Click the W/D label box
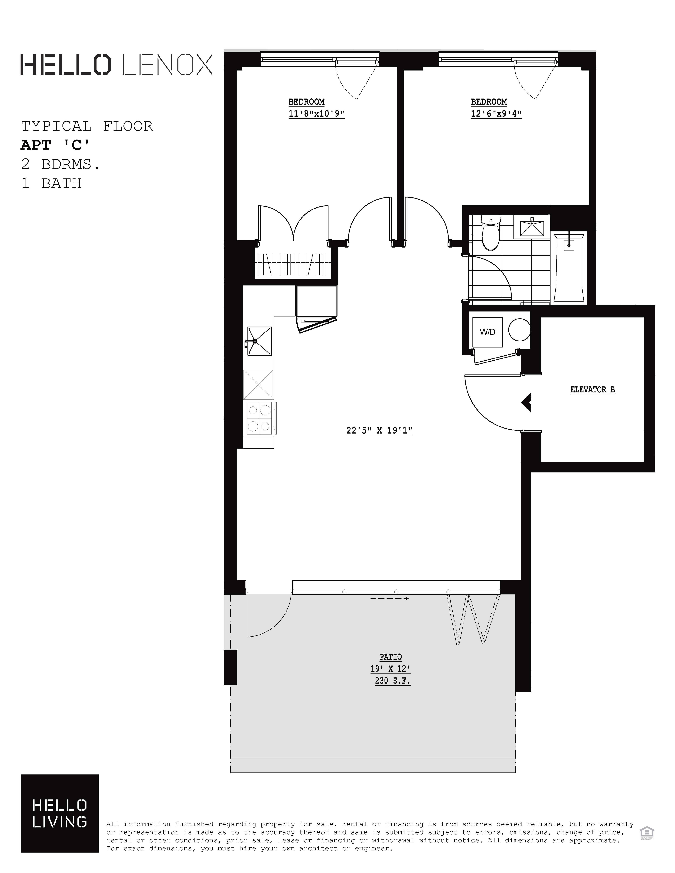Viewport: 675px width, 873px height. pyautogui.click(x=487, y=332)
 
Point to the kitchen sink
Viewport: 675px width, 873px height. pyautogui.click(x=259, y=341)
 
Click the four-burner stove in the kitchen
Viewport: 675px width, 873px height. pyautogui.click(x=259, y=418)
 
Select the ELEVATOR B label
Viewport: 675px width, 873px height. pyautogui.click(x=592, y=390)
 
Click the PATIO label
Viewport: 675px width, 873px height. pyautogui.click(x=390, y=657)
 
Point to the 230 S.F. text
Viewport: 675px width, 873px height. pyautogui.click(x=392, y=680)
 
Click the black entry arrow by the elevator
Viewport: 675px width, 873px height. pyautogui.click(x=526, y=403)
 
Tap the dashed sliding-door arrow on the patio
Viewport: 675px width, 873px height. pyautogui.click(x=389, y=598)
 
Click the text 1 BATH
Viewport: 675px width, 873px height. pyautogui.click(x=51, y=183)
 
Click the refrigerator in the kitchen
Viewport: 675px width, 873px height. pyautogui.click(x=316, y=302)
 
